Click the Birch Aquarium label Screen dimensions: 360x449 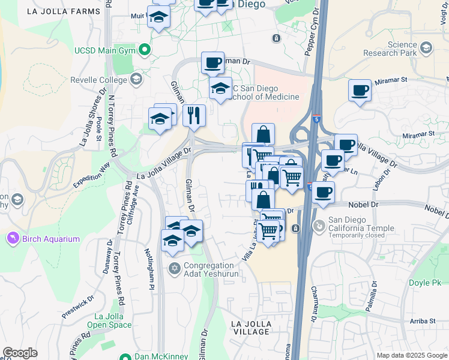[51, 239]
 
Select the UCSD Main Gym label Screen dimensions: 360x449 [106, 49]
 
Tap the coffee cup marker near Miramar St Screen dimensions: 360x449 [360, 91]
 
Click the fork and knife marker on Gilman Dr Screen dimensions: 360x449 [194, 115]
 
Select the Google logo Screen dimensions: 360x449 [20, 353]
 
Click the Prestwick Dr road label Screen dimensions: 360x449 [78, 306]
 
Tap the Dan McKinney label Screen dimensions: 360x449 [157, 356]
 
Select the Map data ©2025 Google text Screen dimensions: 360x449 [412, 355]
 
